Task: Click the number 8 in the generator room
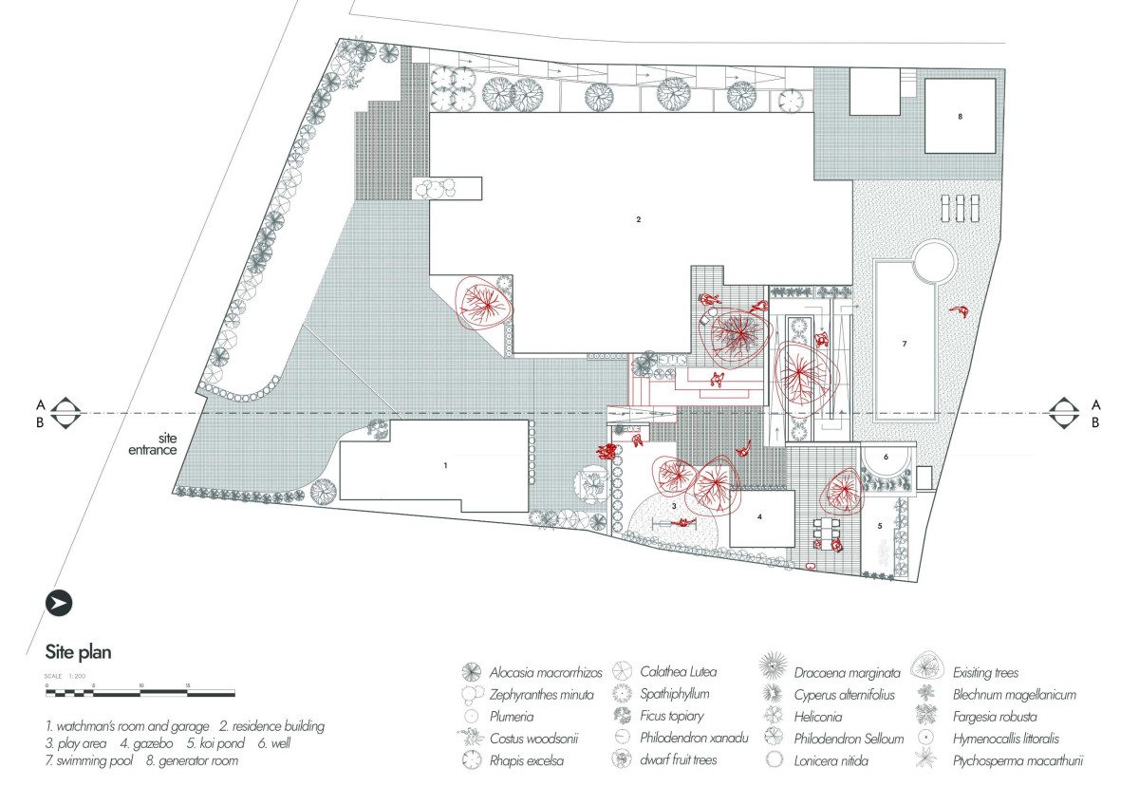(x=960, y=117)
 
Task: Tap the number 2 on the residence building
(x=639, y=219)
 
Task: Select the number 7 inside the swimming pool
(x=905, y=344)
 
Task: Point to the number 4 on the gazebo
(x=759, y=516)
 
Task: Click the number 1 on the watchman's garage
(x=445, y=465)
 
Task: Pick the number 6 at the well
(x=886, y=457)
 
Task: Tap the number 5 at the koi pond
(x=880, y=526)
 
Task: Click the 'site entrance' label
(x=153, y=444)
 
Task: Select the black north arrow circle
(x=59, y=603)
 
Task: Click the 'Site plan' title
(x=78, y=652)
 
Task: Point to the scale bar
(x=140, y=693)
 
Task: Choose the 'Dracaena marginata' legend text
(x=847, y=673)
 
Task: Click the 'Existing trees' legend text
(x=985, y=673)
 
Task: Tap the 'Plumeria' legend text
(x=512, y=717)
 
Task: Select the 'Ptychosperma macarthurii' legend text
(x=1018, y=760)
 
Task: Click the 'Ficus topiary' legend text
(x=672, y=716)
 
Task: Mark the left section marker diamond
(x=65, y=413)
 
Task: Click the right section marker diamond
(x=1064, y=413)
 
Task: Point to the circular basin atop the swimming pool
(x=935, y=262)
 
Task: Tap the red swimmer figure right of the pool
(x=960, y=311)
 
